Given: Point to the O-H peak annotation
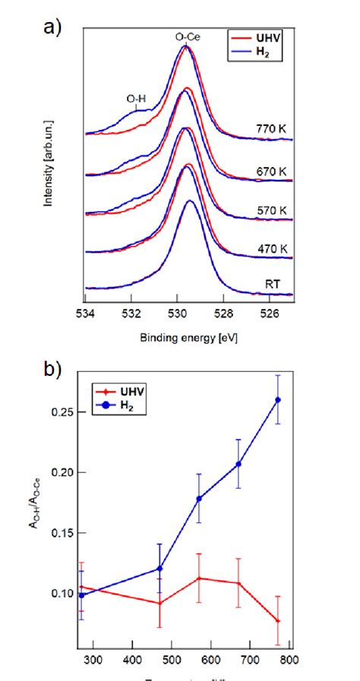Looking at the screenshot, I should point(136,98).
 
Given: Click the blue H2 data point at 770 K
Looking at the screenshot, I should point(278,399).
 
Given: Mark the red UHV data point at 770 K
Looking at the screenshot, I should point(278,621).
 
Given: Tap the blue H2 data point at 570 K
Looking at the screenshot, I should point(200,499).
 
